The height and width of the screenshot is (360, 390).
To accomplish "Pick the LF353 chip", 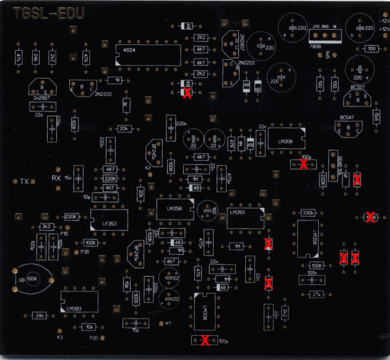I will [x=108, y=220].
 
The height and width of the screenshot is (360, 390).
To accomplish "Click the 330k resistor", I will [x=307, y=213].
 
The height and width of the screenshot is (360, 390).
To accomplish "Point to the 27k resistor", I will [x=317, y=294].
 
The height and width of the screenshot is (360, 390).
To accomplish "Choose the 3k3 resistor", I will [x=46, y=227].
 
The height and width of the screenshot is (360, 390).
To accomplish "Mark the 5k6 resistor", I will [x=376, y=116].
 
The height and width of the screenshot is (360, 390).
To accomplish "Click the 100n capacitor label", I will [x=312, y=273].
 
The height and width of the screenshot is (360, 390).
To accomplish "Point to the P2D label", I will [x=94, y=338].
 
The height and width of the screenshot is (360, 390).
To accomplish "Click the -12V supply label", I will [x=384, y=22].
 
